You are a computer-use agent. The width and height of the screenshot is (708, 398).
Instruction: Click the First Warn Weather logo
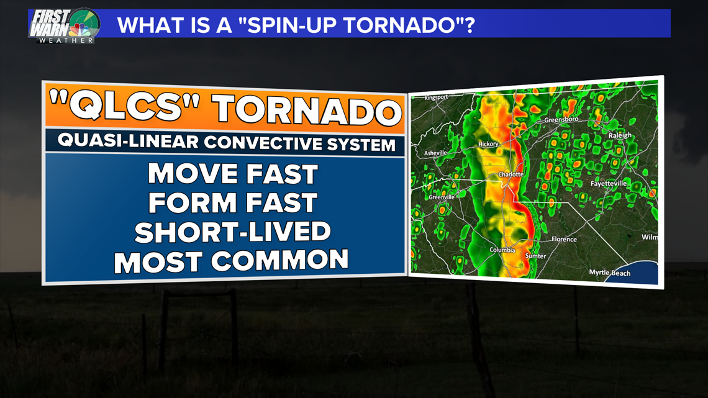[64, 25]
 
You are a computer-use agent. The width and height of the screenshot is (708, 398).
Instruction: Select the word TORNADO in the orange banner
[307, 110]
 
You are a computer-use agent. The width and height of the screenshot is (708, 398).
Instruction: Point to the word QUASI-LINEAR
[128, 141]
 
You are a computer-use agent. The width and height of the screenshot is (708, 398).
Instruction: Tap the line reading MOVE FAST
[233, 174]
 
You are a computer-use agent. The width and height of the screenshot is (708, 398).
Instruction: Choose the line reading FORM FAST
[233, 202]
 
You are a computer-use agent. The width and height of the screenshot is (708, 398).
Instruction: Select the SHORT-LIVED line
[232, 232]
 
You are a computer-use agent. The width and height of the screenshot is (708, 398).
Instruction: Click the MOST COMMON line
[231, 261]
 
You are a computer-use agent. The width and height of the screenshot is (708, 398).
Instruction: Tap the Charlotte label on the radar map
[511, 174]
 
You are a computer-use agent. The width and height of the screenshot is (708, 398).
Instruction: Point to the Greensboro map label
[561, 120]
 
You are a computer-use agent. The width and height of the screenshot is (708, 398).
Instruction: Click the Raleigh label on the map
[620, 135]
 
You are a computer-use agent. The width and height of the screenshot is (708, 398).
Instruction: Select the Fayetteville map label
[609, 183]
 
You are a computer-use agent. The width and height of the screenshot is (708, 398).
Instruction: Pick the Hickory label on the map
[488, 144]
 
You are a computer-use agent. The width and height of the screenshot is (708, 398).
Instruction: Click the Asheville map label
[435, 153]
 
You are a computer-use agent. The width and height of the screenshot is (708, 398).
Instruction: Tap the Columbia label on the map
[502, 250]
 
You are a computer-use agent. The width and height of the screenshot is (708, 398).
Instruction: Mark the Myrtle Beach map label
[610, 273]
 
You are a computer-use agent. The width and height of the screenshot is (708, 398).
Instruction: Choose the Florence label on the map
[564, 239]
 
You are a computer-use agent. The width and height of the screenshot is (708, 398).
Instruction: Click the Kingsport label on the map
[436, 97]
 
